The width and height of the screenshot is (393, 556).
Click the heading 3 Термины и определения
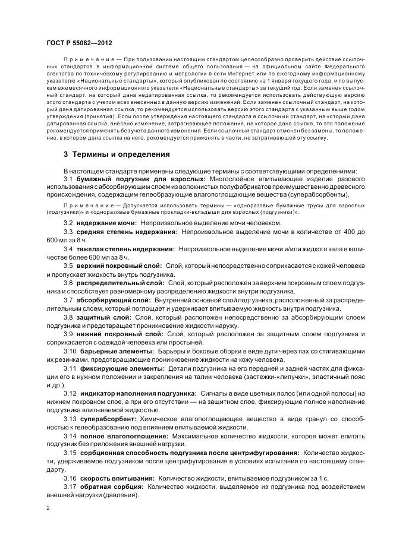pyautogui.click(x=117, y=154)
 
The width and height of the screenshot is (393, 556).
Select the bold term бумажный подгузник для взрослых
pyautogui.click(x=140, y=179)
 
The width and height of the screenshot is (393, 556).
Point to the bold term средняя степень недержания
pyautogui.click(x=129, y=230)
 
